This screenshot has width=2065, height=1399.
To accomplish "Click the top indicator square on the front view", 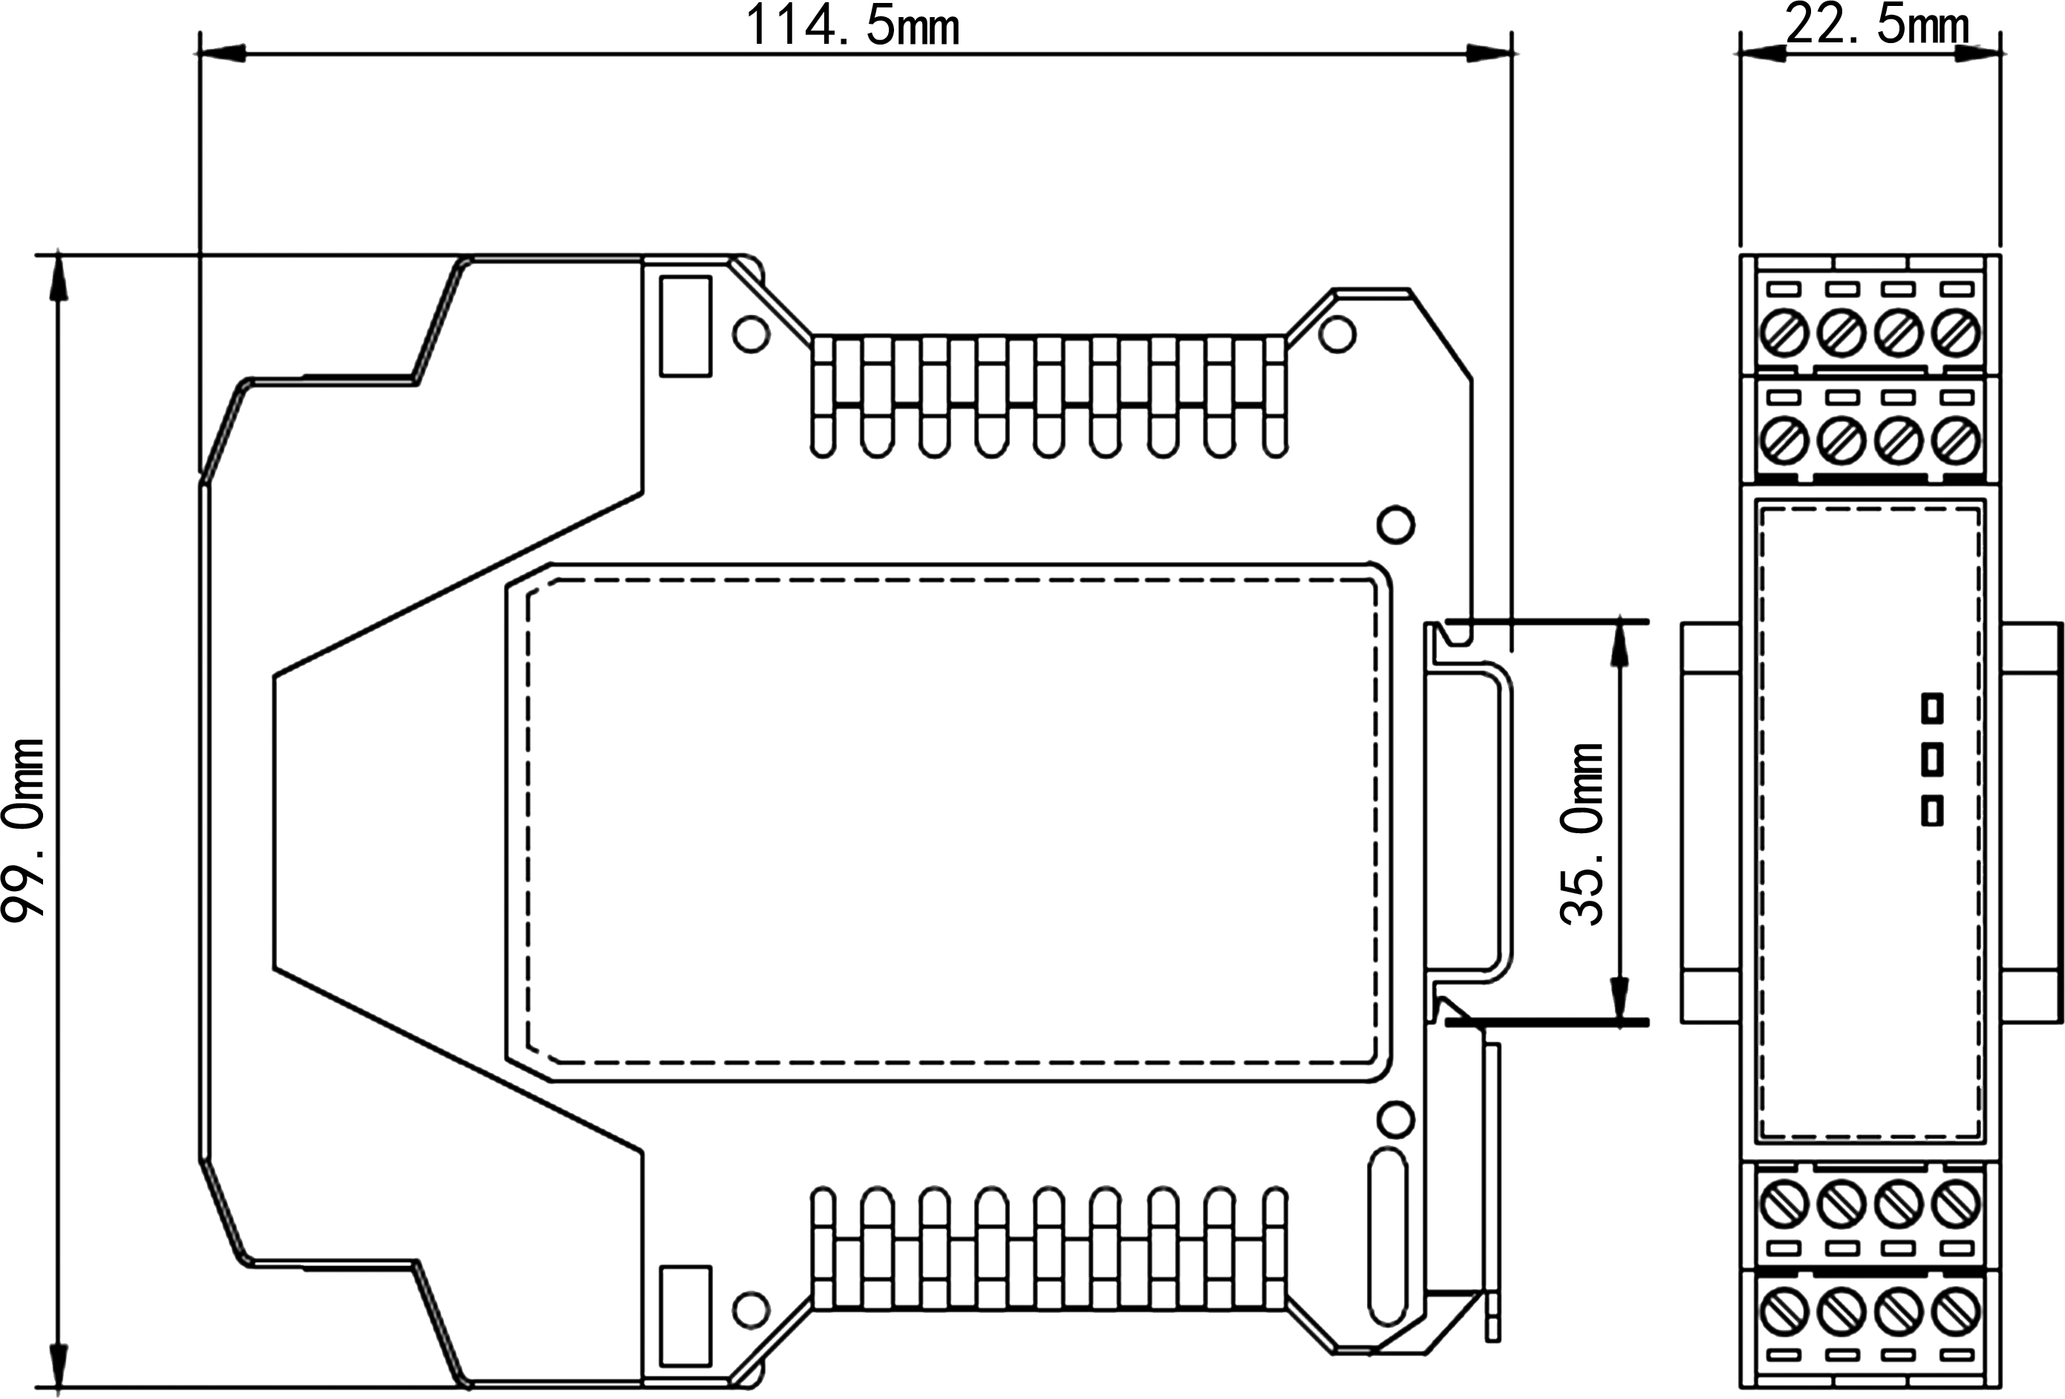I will (1932, 708).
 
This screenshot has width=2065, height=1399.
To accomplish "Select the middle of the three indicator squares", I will (1932, 760).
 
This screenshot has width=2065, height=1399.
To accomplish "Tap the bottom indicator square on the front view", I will (1932, 812).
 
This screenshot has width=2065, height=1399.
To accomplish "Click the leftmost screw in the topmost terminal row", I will (1784, 333).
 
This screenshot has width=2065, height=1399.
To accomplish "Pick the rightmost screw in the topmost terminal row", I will (1956, 333).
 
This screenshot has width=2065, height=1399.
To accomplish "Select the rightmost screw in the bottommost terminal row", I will (1956, 1311).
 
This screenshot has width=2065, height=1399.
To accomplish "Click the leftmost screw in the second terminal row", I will (1784, 439).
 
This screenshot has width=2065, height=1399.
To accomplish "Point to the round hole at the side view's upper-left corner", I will (751, 334).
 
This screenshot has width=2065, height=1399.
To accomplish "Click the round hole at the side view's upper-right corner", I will (1337, 334).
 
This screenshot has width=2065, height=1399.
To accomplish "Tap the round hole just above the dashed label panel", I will (1395, 524).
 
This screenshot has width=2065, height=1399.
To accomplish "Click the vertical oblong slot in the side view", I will (1388, 1236).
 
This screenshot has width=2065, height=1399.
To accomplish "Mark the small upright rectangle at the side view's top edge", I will (686, 326).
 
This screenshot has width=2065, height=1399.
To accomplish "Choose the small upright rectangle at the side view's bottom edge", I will (686, 1315).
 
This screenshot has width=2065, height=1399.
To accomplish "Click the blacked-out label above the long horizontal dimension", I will (853, 23).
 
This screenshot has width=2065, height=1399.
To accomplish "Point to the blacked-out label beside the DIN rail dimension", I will (1581, 835).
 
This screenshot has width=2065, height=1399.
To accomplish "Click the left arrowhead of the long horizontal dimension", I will (218, 54).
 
